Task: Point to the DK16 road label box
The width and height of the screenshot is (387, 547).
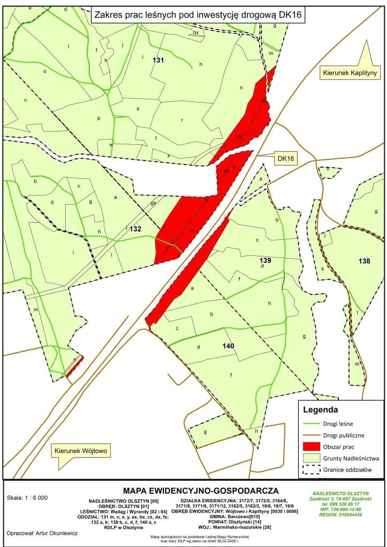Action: click(286, 159)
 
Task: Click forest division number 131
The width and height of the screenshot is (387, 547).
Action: click(158, 60)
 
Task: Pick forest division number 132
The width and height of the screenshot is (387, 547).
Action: click(136, 229)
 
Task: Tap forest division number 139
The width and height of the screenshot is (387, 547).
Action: click(266, 260)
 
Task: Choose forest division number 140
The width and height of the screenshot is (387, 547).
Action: click(228, 346)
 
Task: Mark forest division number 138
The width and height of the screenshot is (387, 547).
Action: click(363, 261)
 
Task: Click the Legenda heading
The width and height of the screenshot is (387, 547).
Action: click(320, 410)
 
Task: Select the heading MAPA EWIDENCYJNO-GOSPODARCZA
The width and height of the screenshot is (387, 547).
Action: click(200, 490)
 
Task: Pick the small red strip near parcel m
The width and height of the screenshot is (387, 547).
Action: click(74, 367)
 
